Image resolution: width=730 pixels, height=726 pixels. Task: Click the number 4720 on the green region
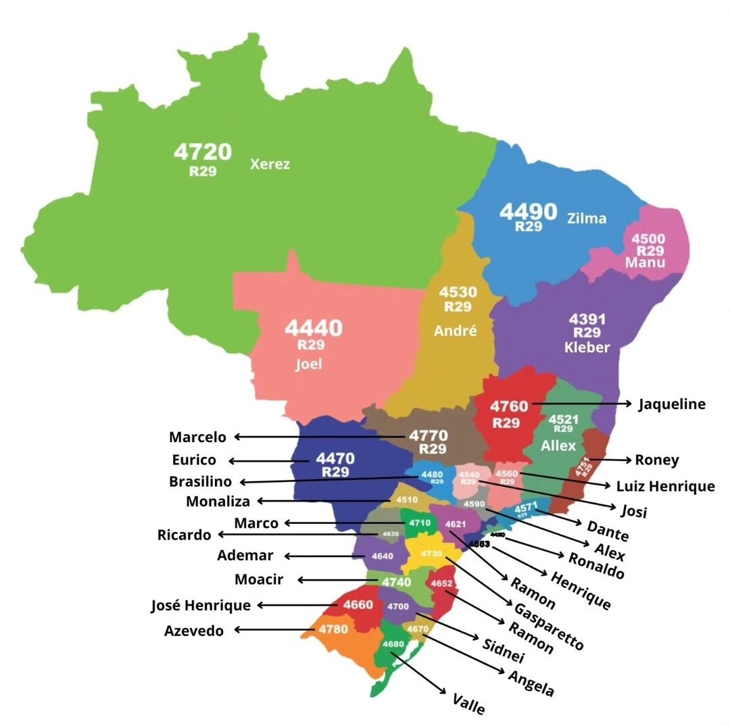coord(203,151)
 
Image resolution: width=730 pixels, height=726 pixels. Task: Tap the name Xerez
coord(270,164)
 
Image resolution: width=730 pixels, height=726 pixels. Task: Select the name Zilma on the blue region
coord(587,218)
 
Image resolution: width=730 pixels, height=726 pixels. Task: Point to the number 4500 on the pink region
coord(648,239)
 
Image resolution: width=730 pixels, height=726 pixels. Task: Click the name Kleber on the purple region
coord(587,347)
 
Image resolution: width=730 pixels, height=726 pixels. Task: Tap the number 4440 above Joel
coord(313,329)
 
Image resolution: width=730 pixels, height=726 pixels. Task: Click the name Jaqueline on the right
coord(672,404)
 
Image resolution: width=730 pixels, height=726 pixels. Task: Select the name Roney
coord(657,460)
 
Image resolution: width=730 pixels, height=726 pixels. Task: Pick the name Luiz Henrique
coord(665,485)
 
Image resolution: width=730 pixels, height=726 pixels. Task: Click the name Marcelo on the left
coord(197,437)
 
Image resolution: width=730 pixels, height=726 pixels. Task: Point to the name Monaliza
coord(218,501)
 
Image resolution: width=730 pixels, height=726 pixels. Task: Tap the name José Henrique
coord(201,605)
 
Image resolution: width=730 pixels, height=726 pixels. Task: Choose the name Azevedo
coord(194,631)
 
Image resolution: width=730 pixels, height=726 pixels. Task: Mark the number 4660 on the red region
coord(358,604)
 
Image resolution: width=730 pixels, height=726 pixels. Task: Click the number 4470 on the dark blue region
coord(335,459)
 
